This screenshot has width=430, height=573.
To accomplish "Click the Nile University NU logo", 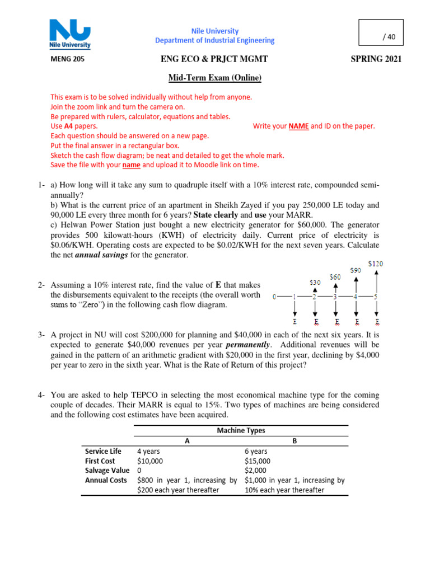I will pos(70,35).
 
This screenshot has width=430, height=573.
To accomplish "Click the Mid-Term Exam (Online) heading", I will pos(216,78).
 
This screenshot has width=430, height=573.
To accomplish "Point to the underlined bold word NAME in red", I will pos(298,126).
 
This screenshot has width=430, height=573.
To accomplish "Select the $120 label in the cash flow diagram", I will pos(376,263).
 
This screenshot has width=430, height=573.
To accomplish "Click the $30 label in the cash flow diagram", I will pos(315,283).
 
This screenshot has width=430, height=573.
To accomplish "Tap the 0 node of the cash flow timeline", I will pos(274,296).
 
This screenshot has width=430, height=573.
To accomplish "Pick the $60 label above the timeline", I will pos(335,276).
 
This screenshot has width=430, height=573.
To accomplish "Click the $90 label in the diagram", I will pos(356,270).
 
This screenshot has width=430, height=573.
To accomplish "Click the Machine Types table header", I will pos(241,430).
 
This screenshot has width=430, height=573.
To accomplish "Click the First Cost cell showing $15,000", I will pos(258,461).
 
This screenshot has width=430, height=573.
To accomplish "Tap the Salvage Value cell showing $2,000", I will pos(256,471).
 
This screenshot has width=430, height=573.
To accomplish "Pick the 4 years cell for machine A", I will pos(149,451).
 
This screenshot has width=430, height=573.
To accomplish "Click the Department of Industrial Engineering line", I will pos(214,40).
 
